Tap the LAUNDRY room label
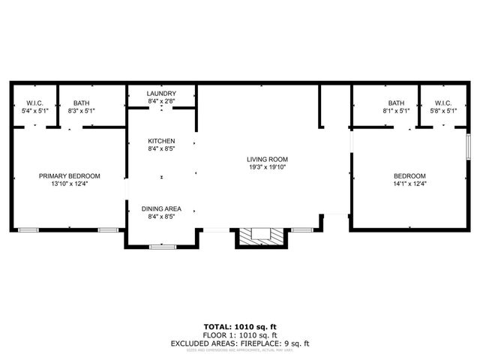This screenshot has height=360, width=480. click(x=162, y=93)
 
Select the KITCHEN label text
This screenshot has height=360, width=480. click(x=161, y=141)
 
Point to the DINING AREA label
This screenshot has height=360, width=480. click(x=161, y=208)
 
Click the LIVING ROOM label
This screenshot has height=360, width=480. click(x=267, y=160)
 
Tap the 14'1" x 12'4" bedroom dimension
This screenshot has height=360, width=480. click(x=409, y=184)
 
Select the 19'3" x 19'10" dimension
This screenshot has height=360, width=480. click(x=267, y=167)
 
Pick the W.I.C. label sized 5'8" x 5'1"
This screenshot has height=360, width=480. click(x=442, y=103)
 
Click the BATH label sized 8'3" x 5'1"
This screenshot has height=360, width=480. click(x=81, y=103)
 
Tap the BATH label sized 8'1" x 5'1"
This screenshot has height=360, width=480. click(x=396, y=103)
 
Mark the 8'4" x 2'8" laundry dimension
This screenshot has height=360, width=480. click(x=162, y=100)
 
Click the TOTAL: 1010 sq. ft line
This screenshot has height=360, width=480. click(x=240, y=327)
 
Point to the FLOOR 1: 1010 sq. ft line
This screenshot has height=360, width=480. click(x=240, y=335)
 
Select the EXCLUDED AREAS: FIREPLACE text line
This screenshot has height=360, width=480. click(x=240, y=343)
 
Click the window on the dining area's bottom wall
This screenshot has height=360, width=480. click(x=161, y=246)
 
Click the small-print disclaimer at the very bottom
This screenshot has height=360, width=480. click(x=240, y=350)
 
